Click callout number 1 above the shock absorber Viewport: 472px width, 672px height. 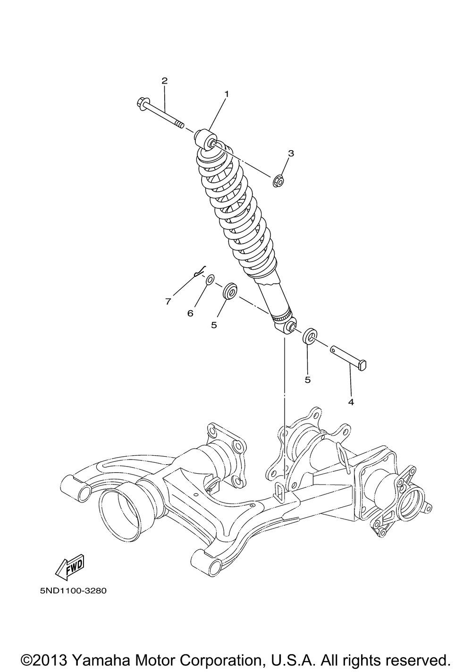tap(227, 94)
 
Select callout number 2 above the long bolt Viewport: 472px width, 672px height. tap(164, 81)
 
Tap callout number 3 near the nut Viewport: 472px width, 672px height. tap(291, 153)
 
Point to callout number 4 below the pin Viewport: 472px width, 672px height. tap(351, 402)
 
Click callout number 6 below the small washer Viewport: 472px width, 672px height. tap(190, 313)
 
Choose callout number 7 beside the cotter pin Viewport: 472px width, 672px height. tap(168, 301)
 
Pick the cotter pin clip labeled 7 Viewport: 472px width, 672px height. tap(200, 271)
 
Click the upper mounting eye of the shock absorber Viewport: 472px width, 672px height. tap(205, 138)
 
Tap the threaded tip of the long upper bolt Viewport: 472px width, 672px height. tap(179, 124)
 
